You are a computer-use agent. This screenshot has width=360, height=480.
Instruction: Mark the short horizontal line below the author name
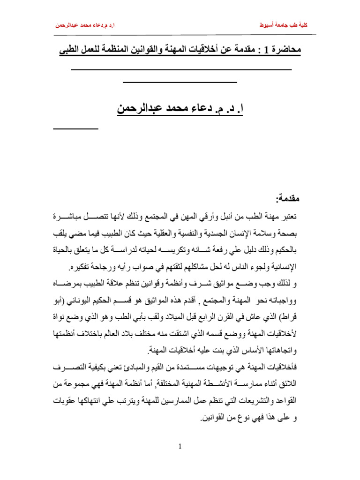(75, 128)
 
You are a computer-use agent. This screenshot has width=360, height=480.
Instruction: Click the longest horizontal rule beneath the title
(181, 70)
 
